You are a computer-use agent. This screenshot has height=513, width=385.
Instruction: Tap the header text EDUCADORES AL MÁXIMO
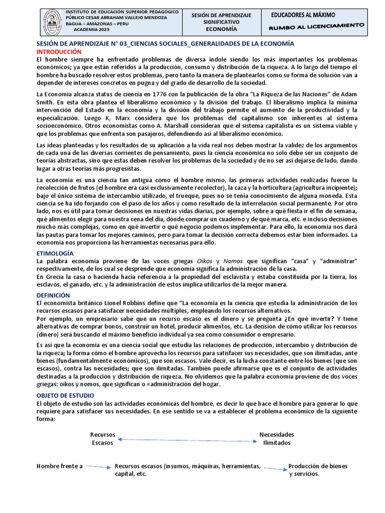303,16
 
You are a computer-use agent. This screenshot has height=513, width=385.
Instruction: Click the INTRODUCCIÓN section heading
59,52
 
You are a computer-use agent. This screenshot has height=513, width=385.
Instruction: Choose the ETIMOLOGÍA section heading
55,253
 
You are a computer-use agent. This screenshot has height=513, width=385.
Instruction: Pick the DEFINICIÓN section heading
53,296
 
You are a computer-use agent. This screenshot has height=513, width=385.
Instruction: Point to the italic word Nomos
233,261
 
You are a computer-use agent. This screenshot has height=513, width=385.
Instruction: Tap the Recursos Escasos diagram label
103,439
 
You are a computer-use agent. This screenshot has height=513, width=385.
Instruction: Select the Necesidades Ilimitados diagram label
276,438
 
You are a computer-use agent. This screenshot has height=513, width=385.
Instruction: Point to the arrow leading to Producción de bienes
274,469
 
